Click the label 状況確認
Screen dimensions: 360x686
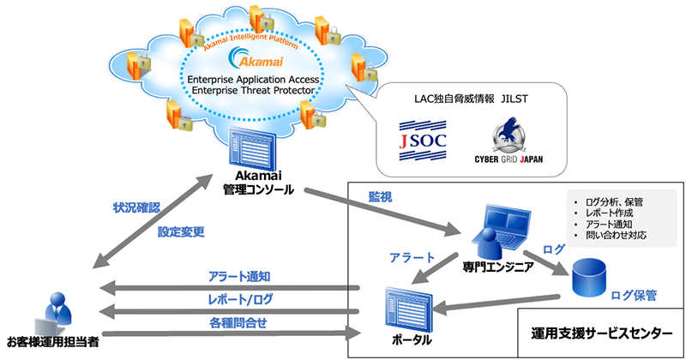pyautogui.click(x=136, y=208)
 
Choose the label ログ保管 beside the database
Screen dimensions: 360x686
pyautogui.click(x=634, y=295)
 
